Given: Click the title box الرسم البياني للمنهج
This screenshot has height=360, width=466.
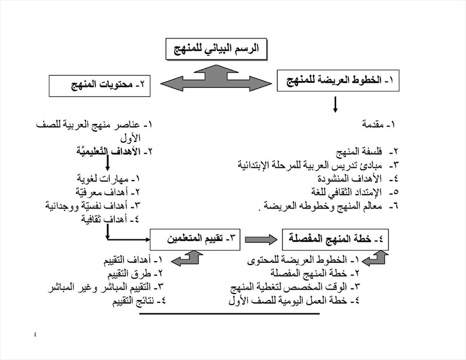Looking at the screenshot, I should click(216, 48).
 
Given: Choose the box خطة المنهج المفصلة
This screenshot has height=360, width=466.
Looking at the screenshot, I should click(334, 238).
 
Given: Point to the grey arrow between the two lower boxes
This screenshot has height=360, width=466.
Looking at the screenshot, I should click(261, 238).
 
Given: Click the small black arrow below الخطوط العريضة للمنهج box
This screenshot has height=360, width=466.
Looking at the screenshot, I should click(335, 104).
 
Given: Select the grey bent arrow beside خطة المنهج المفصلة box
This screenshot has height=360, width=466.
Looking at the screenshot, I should click(378, 257).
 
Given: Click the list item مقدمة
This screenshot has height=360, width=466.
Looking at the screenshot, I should click(379, 125).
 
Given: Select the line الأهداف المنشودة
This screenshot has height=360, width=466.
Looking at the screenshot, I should click(358, 178).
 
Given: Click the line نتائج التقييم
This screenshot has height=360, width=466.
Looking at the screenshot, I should click(128, 301).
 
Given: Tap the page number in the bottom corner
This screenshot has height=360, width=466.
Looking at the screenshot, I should click(34, 334).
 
